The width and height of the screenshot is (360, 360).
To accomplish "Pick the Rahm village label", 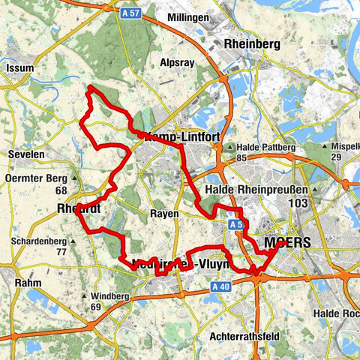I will (28, 283).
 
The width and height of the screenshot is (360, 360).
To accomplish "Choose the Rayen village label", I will (164, 214).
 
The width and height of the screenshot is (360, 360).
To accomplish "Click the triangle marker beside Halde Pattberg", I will (232, 148).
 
